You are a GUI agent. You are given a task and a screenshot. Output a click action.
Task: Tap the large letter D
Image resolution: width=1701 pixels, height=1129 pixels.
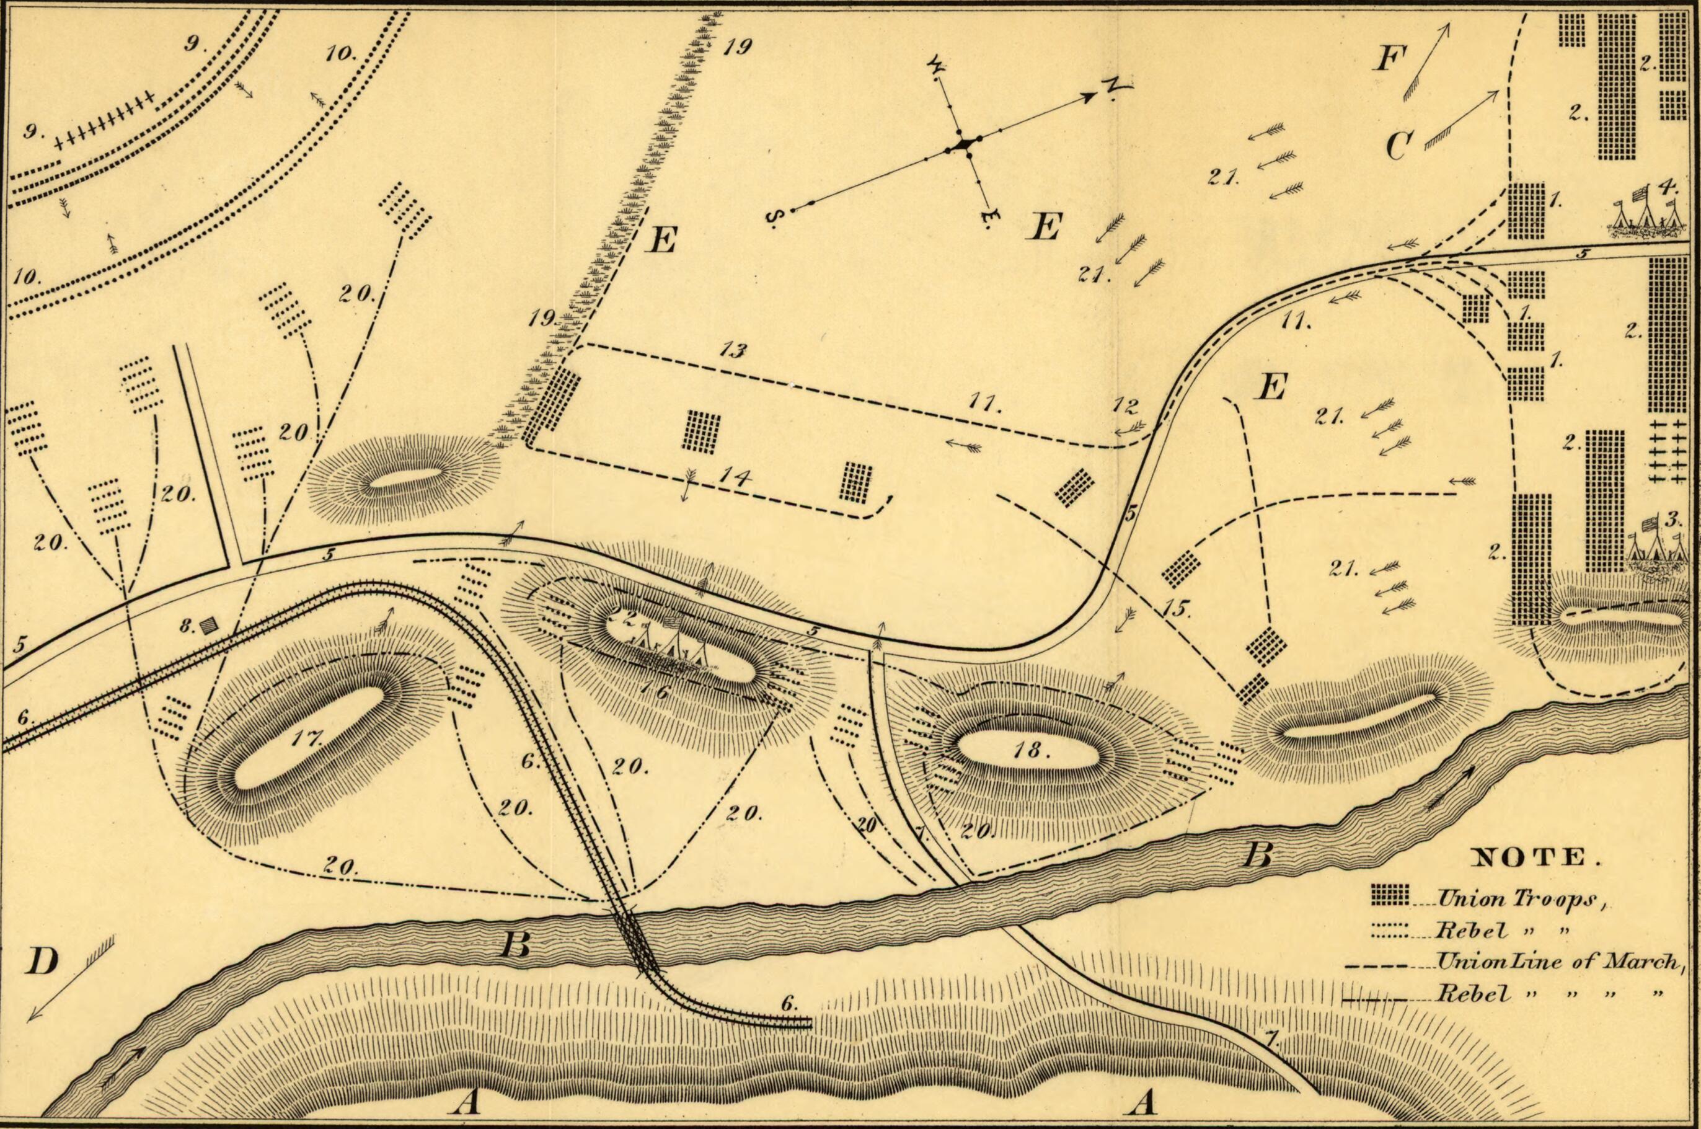pyautogui.click(x=41, y=962)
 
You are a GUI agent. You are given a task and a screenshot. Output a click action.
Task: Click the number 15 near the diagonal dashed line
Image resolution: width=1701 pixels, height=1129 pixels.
pyautogui.click(x=1175, y=608)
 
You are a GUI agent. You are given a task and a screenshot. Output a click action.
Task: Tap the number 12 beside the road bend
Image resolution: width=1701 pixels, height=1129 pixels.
pyautogui.click(x=1124, y=407)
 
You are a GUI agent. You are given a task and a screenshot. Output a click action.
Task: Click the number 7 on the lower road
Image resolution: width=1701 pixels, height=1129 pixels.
pyautogui.click(x=1271, y=1039)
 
